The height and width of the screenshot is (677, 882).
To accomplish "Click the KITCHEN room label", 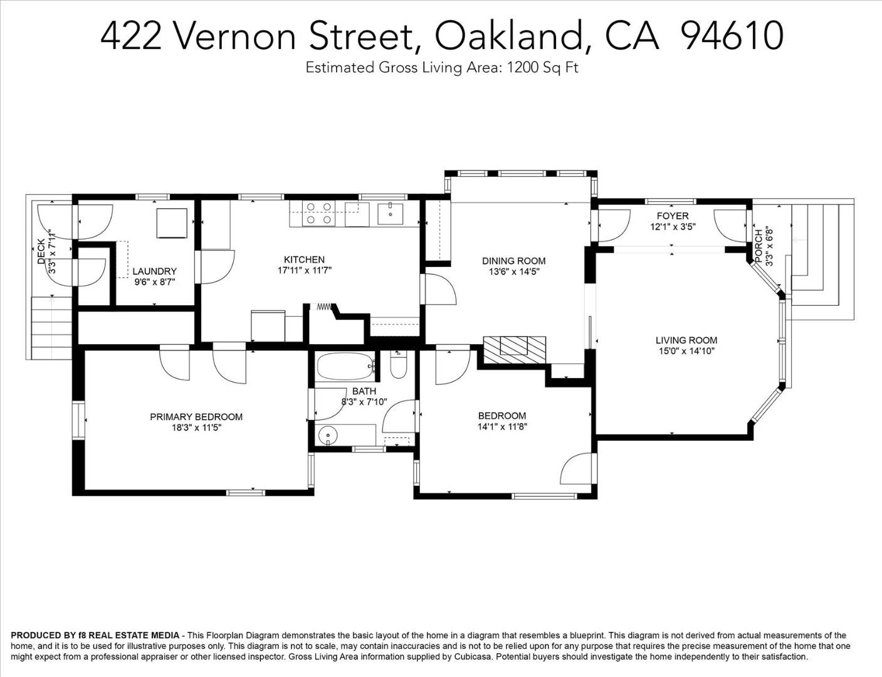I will tap(304, 260).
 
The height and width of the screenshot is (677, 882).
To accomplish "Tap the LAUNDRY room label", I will tap(154, 271).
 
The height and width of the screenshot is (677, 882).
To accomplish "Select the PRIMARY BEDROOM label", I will tap(196, 417).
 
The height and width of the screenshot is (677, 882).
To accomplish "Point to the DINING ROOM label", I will tap(513, 261).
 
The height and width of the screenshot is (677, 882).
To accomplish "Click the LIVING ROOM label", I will tap(686, 340).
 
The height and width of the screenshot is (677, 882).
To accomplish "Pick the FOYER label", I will tap(672, 216).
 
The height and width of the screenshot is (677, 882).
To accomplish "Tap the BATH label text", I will tap(364, 391).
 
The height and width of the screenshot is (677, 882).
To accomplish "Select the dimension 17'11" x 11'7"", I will tap(304, 271).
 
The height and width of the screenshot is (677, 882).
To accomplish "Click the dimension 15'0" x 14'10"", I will tap(686, 351).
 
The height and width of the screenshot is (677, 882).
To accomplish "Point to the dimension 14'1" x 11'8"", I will tap(501, 427).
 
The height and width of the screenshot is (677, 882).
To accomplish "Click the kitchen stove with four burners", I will tap(318, 213).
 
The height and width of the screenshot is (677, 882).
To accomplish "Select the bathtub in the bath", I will tap(345, 367).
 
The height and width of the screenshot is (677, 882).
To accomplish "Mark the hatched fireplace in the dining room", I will tap(514, 347).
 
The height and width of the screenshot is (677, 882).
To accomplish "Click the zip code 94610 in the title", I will tap(732, 36).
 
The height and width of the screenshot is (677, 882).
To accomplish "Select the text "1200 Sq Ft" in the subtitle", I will tap(542, 68).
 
